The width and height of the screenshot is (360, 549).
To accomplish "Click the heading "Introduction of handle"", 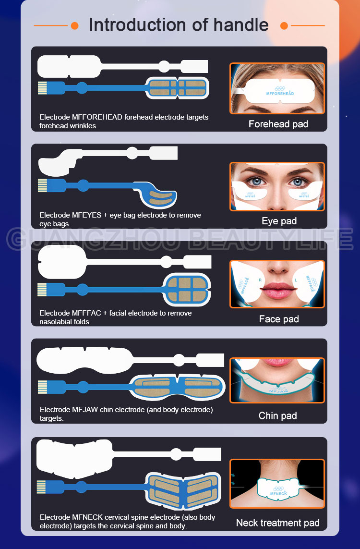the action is (179, 25).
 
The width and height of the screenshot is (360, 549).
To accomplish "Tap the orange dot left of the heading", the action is (74, 25).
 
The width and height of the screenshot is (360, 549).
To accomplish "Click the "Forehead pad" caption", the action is (278, 124).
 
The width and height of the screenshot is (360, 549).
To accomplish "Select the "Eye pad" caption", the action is (279, 221).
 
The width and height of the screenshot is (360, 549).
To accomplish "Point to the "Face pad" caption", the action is (279, 319).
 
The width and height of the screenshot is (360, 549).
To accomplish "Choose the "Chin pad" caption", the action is (278, 415).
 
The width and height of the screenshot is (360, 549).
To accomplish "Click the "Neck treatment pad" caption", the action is (278, 523).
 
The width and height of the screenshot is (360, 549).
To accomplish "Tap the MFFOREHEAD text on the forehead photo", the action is (280, 94).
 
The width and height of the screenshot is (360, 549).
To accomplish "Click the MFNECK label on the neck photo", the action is (278, 493).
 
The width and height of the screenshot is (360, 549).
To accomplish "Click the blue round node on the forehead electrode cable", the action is (82, 88).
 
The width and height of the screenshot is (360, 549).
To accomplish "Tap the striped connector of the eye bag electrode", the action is (42, 185).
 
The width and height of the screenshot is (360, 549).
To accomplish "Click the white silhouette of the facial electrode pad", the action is (124, 262).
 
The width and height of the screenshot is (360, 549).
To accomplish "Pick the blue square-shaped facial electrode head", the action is (186, 290).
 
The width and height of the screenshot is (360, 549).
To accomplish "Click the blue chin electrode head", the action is (177, 387).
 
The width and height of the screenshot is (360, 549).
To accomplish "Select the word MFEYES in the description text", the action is (87, 215).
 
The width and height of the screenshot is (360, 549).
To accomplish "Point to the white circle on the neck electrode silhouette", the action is (176, 454).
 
